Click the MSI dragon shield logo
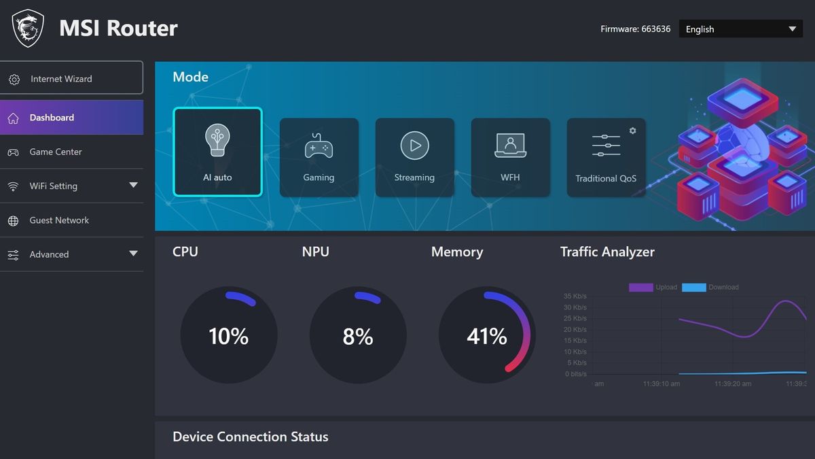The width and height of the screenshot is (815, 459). pos(28,28)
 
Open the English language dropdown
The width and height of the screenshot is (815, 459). pos(740,29)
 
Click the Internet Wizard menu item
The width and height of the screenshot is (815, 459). pos(71,79)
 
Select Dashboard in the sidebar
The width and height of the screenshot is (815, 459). pos(71,118)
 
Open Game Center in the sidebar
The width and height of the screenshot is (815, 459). pos(56,152)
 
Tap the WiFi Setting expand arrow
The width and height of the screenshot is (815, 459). pos(133,186)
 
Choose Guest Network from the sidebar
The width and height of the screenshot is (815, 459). pos(59,220)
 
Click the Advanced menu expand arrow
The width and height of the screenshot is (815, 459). pos(133,254)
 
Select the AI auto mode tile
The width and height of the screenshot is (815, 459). pos(217,152)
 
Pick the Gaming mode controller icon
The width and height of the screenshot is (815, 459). pos(319,146)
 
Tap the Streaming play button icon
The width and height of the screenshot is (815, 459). pos(414,146)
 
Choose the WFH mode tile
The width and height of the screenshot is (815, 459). pos(510,158)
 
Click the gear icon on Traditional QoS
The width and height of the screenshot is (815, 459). pos(632,131)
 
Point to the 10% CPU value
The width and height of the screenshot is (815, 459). pos(229,336)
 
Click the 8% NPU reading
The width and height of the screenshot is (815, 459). pos(358,336)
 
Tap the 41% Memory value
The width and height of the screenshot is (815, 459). pos(487,336)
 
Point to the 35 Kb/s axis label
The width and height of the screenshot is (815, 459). pos(575,296)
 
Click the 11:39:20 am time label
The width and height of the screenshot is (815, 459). pos(733,384)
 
